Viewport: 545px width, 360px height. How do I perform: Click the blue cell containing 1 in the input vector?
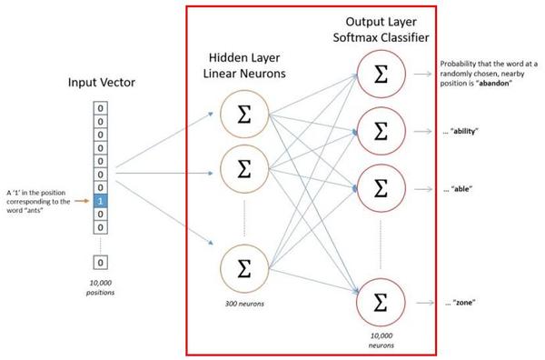pyautogui.click(x=101, y=199)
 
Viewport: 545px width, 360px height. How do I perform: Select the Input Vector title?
pyautogui.click(x=101, y=83)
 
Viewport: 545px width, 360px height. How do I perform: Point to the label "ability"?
pyautogui.click(x=465, y=132)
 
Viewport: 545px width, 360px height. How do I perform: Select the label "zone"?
pyautogui.click(x=462, y=301)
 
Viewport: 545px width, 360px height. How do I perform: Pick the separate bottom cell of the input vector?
pyautogui.click(x=101, y=262)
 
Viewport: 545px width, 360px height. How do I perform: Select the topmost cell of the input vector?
pyautogui.click(x=101, y=106)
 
